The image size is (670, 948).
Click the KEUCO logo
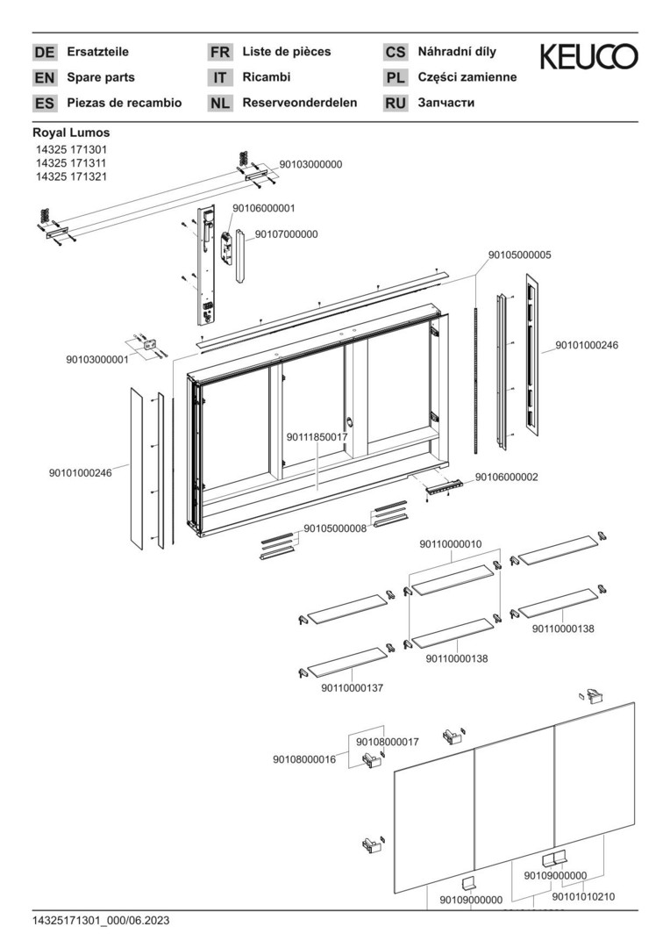(588, 57)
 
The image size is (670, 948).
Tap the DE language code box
(44, 53)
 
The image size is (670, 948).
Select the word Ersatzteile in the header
(97, 52)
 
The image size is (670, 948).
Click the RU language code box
(396, 103)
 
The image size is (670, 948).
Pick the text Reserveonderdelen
(299, 103)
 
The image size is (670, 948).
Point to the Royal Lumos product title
(71, 133)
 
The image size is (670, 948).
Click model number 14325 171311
(71, 163)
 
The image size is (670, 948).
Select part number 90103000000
(310, 164)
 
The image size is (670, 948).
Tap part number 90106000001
(263, 208)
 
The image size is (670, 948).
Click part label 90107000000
(286, 234)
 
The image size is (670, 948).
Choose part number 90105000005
(520, 255)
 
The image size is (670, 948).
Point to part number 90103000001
(96, 359)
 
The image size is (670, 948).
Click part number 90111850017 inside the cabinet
(317, 436)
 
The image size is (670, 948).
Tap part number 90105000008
(335, 528)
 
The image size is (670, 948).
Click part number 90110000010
(451, 544)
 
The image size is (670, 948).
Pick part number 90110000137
(353, 688)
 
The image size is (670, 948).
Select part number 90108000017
(388, 742)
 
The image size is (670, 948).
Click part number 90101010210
(583, 896)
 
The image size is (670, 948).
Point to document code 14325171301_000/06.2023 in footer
(101, 920)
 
